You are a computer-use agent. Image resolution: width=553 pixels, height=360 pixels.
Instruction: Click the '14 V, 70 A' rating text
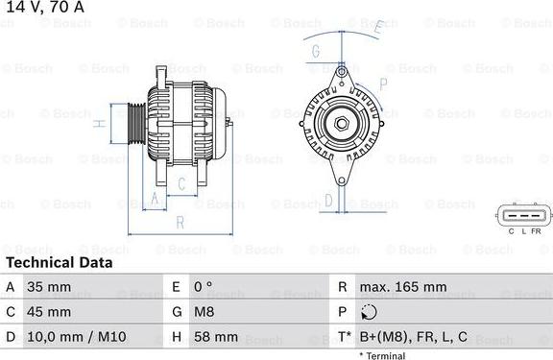coord(45,7)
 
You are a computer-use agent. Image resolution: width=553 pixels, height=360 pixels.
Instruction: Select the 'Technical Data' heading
coord(60,263)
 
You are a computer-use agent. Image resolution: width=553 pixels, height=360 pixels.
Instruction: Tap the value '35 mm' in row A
coord(49,287)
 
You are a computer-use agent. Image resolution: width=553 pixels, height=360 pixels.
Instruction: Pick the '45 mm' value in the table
coord(49,312)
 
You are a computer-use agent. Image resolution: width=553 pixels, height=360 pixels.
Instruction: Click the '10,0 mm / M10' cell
coord(77,337)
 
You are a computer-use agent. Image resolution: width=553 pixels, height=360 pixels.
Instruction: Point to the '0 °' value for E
coord(204,287)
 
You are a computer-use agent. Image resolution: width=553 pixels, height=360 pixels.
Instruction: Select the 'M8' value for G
coord(204,312)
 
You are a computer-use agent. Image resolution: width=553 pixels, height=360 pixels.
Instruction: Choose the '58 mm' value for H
coord(216,337)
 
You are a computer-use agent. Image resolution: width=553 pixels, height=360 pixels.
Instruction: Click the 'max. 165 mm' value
coord(403,287)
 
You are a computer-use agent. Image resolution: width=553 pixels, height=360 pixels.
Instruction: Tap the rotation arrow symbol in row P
coord(369,312)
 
